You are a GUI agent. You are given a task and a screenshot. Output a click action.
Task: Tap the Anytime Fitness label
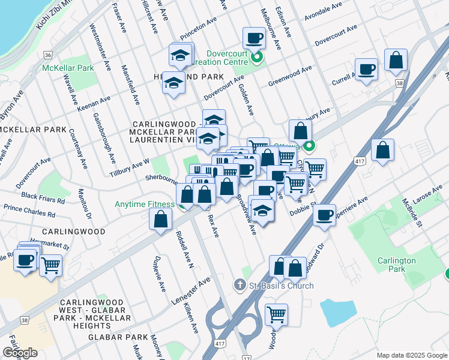tap(145, 204)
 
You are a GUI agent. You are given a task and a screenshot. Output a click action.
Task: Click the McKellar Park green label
tap(68, 68)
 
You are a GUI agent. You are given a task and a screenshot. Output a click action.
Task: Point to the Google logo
tap(20, 353)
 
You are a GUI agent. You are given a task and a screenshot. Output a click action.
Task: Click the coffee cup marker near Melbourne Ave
tap(254, 39)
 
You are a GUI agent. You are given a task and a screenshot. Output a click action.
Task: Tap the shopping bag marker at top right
tap(396, 60)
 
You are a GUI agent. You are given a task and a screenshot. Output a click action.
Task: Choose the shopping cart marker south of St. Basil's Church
tap(276, 314)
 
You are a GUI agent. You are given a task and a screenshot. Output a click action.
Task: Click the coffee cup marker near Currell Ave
tap(366, 69)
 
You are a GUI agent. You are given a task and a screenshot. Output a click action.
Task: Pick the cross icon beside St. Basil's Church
tap(240, 285)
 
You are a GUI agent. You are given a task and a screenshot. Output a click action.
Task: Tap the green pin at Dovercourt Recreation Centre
tap(258, 58)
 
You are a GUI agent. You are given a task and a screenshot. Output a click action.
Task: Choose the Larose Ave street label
tap(427, 195)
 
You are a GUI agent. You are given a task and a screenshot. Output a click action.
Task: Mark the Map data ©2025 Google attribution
tap(412, 355)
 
